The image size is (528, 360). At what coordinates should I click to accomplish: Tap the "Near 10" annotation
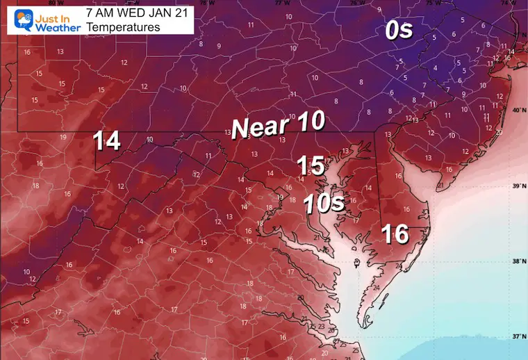point(278,126)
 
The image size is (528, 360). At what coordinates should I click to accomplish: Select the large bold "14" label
point(108,141)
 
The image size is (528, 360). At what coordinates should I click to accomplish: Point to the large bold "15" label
point(311,165)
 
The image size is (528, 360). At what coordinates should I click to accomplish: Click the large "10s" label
point(323,204)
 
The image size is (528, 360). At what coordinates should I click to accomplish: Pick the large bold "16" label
point(395,234)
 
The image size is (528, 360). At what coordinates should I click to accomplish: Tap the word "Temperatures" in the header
point(124,27)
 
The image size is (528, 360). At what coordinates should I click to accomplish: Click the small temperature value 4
point(435,68)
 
